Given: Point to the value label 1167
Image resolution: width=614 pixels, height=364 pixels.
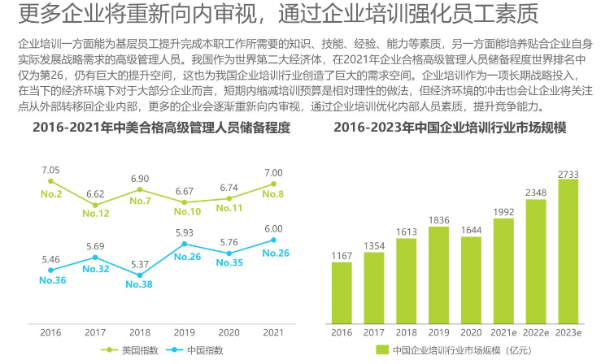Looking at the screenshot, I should point(342,255).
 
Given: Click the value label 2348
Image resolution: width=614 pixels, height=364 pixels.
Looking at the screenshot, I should point(536,193).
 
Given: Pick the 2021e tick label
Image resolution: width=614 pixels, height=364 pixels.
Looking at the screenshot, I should point(503,331).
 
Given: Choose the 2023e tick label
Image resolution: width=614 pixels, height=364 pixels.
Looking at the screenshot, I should point(568,331).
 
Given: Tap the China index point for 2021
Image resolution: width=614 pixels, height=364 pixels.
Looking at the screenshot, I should point(273,240).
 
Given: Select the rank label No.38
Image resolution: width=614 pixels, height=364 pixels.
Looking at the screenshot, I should point(139,284).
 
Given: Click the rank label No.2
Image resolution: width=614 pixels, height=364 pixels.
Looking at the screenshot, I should point(51,194).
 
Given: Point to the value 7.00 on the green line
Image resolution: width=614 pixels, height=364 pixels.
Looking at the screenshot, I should point(273,173).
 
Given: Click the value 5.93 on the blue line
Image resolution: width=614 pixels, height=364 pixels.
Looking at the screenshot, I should point(185,232).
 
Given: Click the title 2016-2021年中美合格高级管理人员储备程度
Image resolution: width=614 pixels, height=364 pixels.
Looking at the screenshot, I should point(161,128).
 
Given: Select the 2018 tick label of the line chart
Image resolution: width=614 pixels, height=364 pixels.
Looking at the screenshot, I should point(140,331).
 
